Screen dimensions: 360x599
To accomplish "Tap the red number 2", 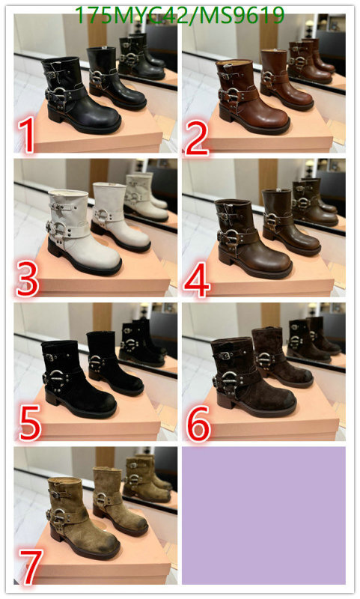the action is coord(197,137).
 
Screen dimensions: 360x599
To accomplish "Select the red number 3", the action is coord(27,282).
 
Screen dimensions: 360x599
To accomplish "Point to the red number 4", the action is coord(197,282).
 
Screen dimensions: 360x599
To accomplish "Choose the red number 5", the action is coord(29,423).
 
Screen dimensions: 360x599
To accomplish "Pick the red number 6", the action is coord(198,423).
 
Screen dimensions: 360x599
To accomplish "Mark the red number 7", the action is coord(31,567).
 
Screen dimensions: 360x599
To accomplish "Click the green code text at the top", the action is coord(180,15).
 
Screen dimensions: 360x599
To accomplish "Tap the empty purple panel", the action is coord(263,515).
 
